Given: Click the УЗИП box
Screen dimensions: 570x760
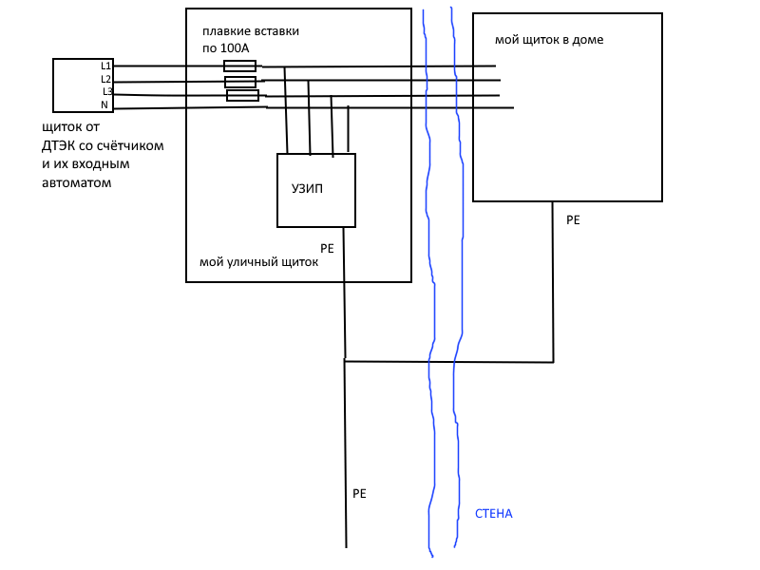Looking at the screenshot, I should tap(316, 190).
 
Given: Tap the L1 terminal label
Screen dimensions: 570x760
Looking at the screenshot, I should tap(106, 66).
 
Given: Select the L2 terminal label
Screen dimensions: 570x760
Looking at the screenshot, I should tap(106, 79).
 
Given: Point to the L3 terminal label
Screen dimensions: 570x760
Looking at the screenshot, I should tap(107, 91).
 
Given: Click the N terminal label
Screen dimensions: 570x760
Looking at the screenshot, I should tap(104, 104).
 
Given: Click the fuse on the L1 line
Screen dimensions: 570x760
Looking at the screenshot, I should tap(239, 66).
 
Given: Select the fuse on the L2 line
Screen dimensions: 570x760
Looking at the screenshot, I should tap(240, 82).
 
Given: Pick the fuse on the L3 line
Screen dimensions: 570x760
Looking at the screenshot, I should tap(243, 95).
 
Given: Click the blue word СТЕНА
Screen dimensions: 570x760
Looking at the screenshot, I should tap(493, 514).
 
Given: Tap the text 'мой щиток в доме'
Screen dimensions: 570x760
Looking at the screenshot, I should tap(549, 40).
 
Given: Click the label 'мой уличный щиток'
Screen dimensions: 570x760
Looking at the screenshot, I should tap(258, 262).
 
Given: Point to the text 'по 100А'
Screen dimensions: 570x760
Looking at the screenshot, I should tap(225, 47).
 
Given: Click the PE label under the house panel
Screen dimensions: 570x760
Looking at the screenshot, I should tap(573, 219).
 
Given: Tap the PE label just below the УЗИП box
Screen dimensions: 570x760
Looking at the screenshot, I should tap(328, 247).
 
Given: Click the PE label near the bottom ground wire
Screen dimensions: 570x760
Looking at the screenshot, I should tap(359, 494).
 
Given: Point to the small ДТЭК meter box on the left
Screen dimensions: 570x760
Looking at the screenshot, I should tap(82, 85).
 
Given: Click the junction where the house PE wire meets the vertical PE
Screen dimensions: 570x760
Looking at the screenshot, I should tap(345, 361).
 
